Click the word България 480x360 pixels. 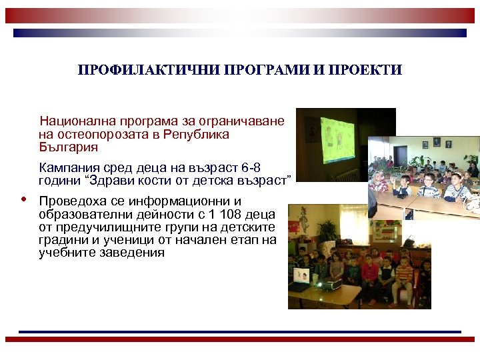(x=68, y=147)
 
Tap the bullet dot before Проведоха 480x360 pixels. (x=23, y=199)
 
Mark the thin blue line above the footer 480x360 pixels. (x=240, y=331)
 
